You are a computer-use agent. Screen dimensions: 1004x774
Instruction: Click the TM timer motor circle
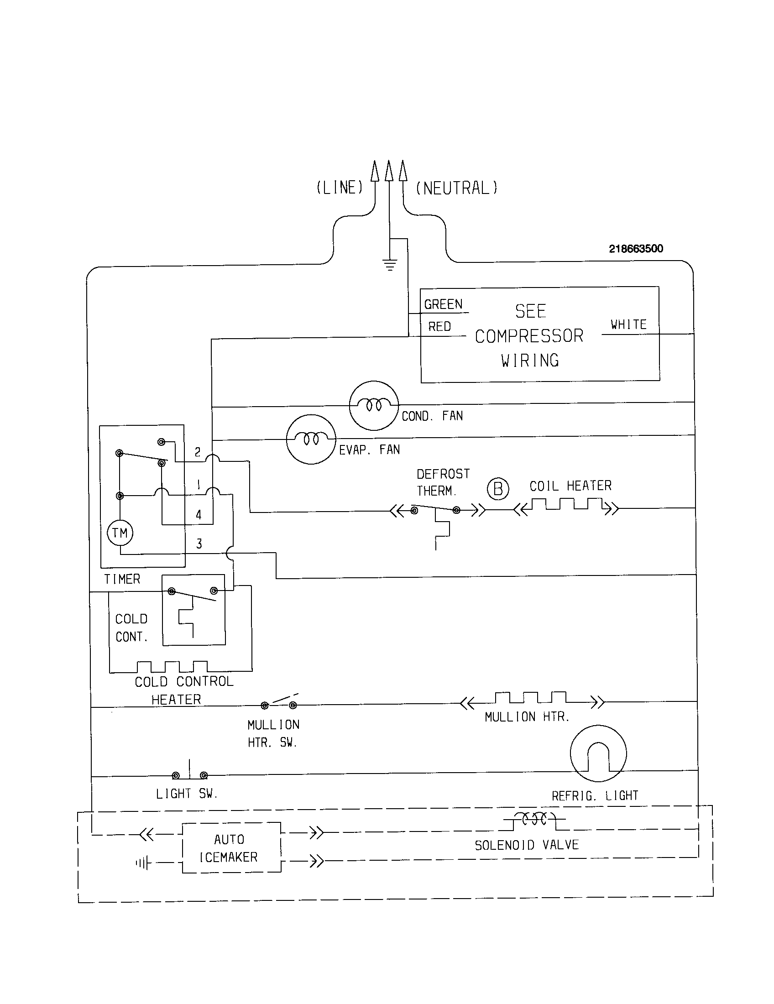click(x=120, y=533)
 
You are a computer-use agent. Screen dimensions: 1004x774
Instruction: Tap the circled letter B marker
click(x=498, y=489)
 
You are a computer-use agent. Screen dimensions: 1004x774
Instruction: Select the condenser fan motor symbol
click(x=374, y=405)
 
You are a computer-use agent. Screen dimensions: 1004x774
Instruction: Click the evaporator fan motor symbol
click(x=311, y=439)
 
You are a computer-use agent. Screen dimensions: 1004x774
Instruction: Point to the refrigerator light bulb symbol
click(x=598, y=753)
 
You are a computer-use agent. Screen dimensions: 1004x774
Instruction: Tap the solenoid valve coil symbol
click(x=534, y=819)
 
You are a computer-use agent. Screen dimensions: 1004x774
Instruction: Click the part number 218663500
click(x=636, y=249)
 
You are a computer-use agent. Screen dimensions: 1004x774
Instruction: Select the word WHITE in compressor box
click(x=628, y=324)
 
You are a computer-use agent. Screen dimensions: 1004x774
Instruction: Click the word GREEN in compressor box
click(x=443, y=304)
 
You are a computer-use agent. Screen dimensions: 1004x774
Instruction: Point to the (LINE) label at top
click(x=340, y=188)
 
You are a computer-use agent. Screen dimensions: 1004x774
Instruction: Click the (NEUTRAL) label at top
click(x=456, y=188)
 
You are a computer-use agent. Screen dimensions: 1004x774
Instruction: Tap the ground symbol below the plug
click(x=390, y=265)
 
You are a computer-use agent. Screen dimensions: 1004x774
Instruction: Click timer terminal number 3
click(x=199, y=544)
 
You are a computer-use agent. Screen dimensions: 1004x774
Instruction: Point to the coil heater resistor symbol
click(x=566, y=507)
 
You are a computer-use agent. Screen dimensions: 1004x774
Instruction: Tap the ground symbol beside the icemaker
click(x=143, y=863)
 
